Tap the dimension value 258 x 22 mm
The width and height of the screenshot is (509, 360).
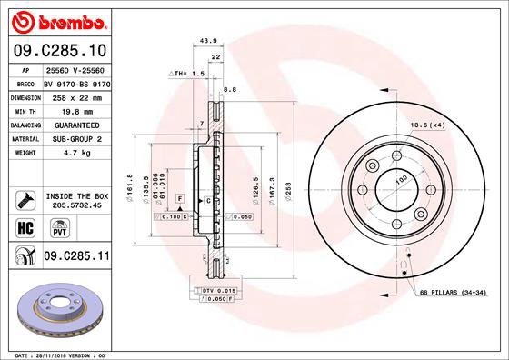pos(71,95)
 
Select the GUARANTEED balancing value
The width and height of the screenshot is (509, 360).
pos(71,124)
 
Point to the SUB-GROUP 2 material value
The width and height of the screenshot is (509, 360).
pos(71,138)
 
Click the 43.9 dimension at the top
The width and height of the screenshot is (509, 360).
pos(207,39)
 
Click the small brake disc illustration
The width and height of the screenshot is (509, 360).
pos(55,311)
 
